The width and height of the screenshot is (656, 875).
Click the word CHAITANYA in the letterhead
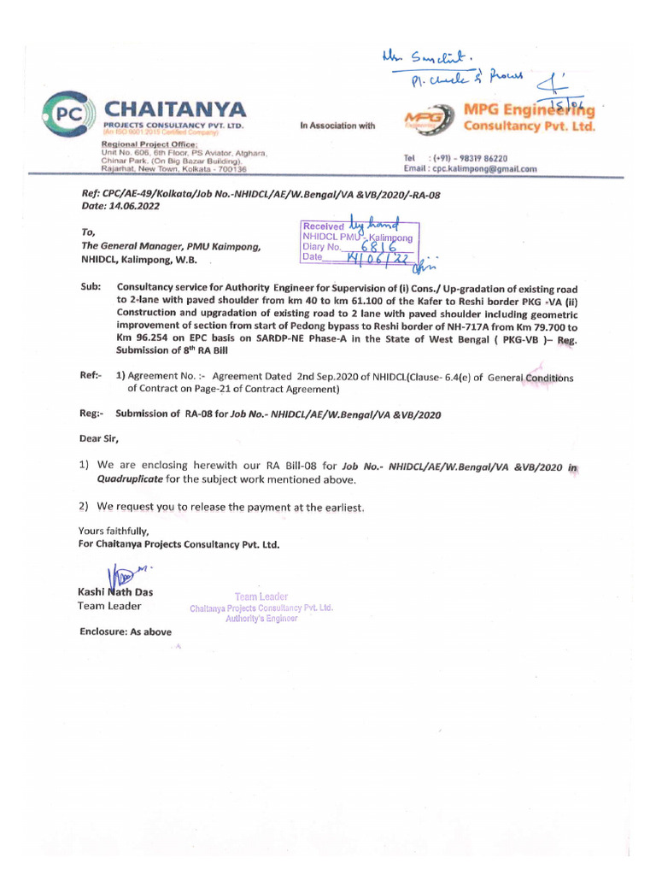[174, 109]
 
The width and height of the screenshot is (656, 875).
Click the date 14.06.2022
[135, 207]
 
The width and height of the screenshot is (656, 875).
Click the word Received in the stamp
[321, 226]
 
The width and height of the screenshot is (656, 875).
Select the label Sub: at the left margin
[91, 287]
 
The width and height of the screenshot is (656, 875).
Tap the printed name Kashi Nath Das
[115, 592]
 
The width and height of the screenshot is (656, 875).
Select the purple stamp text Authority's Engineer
[261, 619]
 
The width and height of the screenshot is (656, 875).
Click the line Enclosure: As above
[126, 632]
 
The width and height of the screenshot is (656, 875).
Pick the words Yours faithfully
[114, 531]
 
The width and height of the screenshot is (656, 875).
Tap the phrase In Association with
[337, 126]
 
